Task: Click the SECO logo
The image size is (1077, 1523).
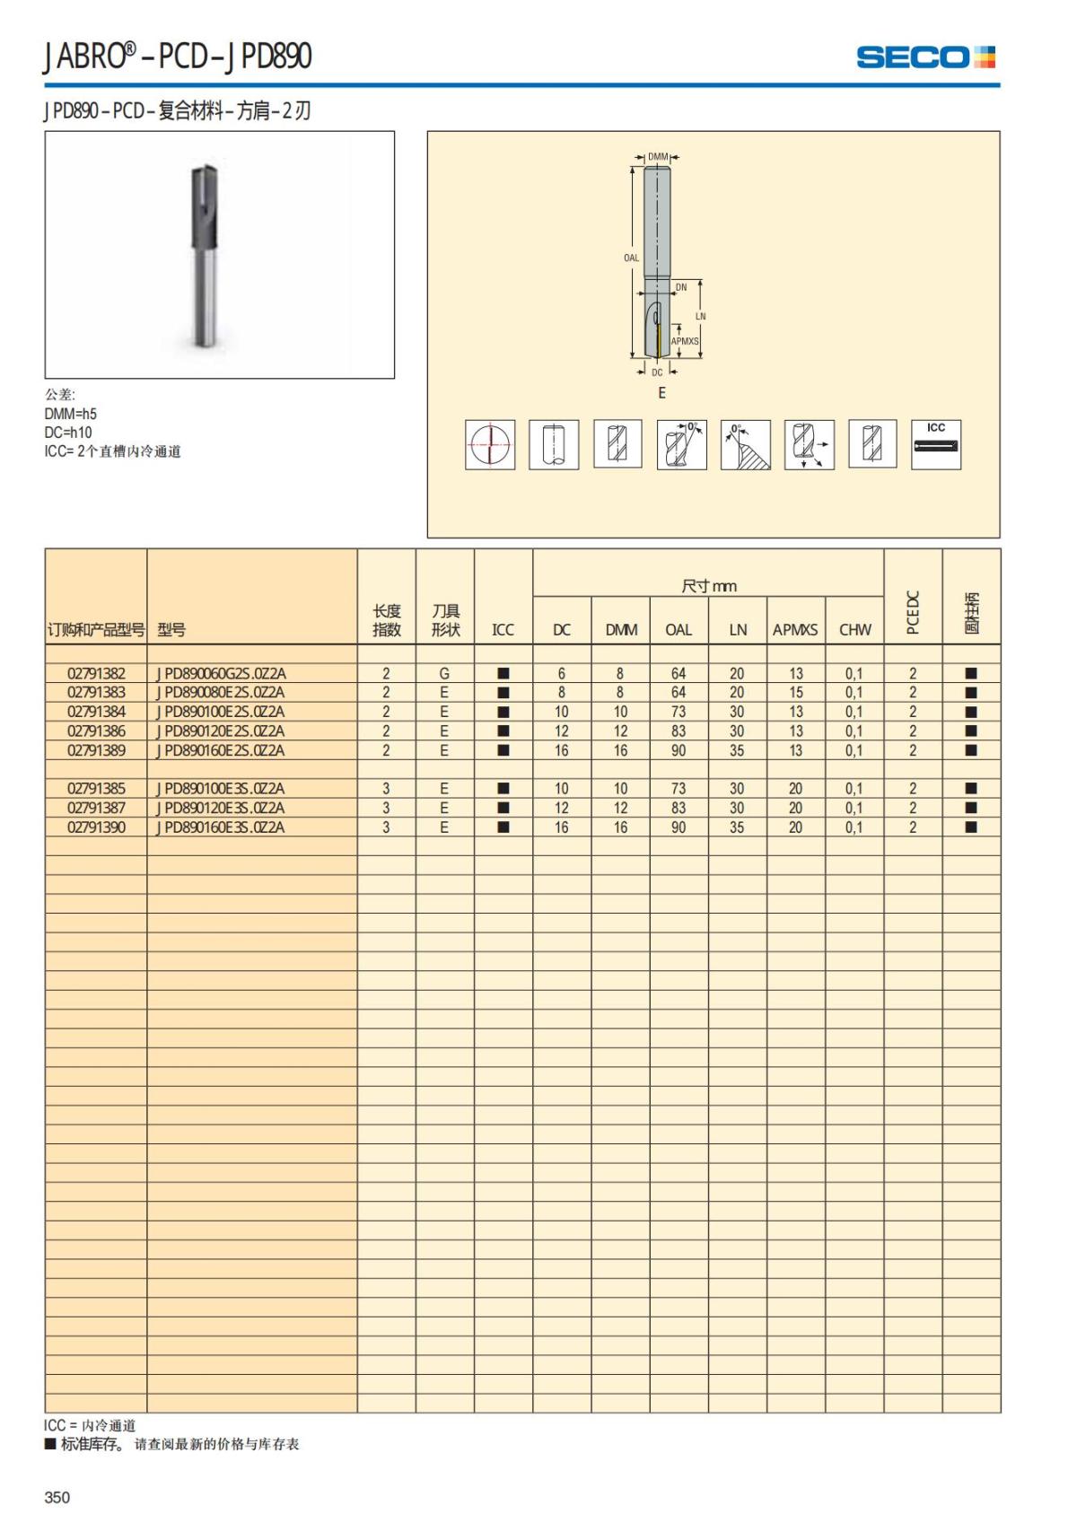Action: pyautogui.click(x=925, y=57)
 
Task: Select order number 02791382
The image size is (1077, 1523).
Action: pyautogui.click(x=96, y=673)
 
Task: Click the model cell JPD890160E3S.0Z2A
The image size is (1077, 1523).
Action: pyautogui.click(x=221, y=827)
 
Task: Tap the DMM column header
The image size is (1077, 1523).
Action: pyautogui.click(x=621, y=630)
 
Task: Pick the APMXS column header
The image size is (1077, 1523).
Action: pyautogui.click(x=795, y=630)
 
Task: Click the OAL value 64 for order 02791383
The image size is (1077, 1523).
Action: pyautogui.click(x=679, y=693)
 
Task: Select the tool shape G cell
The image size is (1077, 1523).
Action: pyautogui.click(x=444, y=673)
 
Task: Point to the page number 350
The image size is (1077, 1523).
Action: pyautogui.click(x=57, y=1497)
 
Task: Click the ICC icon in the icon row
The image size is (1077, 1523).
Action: pyautogui.click(x=936, y=444)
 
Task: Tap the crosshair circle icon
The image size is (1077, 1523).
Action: pyautogui.click(x=490, y=444)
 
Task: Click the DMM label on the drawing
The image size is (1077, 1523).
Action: pyautogui.click(x=658, y=157)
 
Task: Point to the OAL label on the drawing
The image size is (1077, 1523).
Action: pyautogui.click(x=632, y=258)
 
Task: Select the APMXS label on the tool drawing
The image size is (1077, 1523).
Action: pyautogui.click(x=685, y=341)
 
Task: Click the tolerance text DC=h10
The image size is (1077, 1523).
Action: pyautogui.click(x=68, y=433)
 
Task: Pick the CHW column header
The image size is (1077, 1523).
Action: pyautogui.click(x=854, y=630)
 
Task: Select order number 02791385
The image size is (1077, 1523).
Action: pyautogui.click(x=96, y=789)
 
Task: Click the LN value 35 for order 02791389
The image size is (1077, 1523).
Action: pyautogui.click(x=737, y=750)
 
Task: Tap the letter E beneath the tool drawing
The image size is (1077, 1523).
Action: pyautogui.click(x=662, y=393)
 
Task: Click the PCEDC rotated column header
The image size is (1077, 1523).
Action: pyautogui.click(x=913, y=613)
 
